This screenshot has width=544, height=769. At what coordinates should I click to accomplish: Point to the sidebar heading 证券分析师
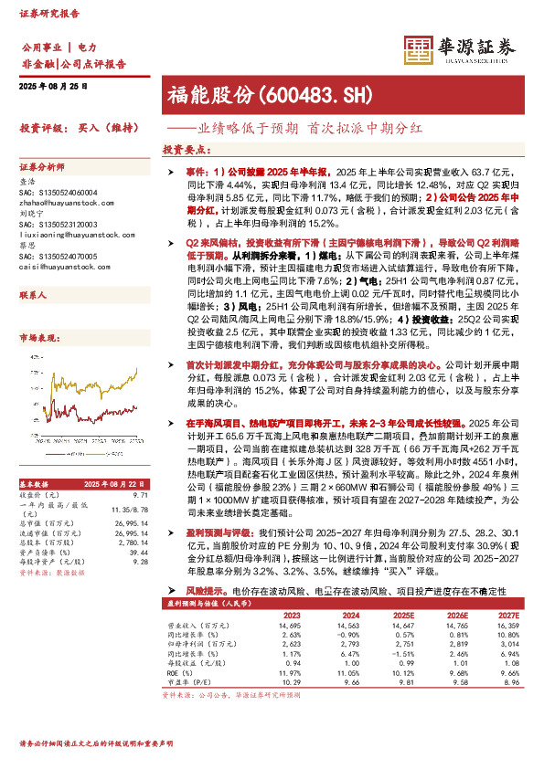(x=42, y=167)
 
